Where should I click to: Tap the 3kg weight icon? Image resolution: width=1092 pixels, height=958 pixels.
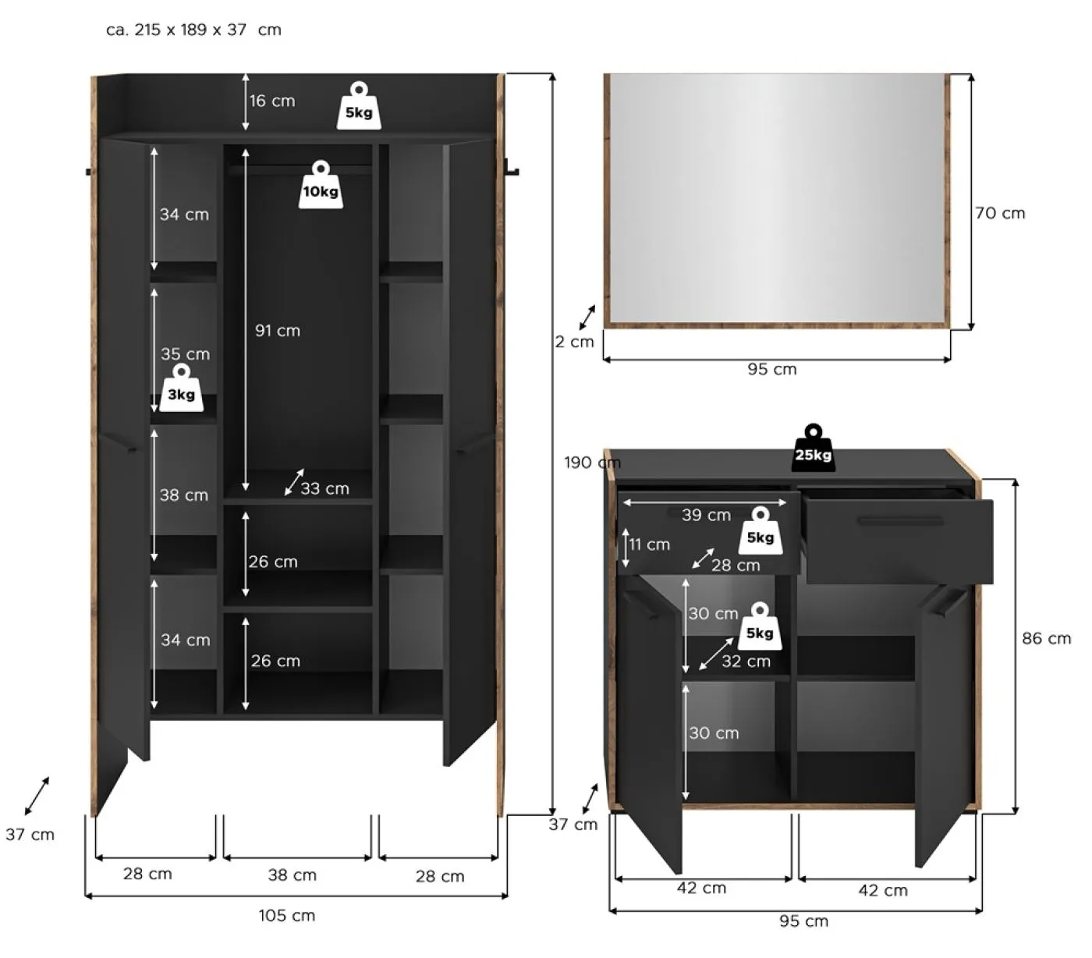[x=181, y=388]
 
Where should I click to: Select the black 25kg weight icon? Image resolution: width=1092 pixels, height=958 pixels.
[x=814, y=448]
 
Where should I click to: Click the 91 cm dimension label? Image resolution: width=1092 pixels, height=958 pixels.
[x=278, y=331]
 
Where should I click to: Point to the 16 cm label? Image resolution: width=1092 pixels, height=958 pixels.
[x=272, y=101]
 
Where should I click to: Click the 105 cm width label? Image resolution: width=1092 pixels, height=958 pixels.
[x=287, y=915]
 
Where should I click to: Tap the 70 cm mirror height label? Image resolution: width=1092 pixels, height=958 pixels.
[x=1000, y=213]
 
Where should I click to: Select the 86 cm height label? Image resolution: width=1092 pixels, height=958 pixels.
[x=1046, y=638]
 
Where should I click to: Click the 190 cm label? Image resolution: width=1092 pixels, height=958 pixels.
[x=592, y=462]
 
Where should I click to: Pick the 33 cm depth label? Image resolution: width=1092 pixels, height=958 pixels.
[x=325, y=488]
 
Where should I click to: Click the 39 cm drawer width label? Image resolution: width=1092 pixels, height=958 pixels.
[x=706, y=515]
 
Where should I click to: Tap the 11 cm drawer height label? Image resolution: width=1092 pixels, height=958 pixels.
[x=650, y=545]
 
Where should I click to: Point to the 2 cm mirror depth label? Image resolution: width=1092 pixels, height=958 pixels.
[x=575, y=341]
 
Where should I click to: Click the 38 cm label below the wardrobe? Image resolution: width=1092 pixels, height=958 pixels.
[x=292, y=875]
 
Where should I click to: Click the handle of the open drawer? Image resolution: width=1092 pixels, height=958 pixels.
[x=901, y=521]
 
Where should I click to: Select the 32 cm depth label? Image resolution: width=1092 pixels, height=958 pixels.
[x=746, y=661]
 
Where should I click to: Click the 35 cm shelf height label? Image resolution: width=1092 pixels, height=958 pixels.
[x=185, y=354]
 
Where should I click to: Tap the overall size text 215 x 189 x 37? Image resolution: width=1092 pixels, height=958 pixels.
[x=190, y=30]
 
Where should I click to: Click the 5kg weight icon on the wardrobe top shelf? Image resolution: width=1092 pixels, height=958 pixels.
[x=359, y=105]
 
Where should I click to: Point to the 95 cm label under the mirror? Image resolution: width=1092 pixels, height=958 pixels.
[x=772, y=369]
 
